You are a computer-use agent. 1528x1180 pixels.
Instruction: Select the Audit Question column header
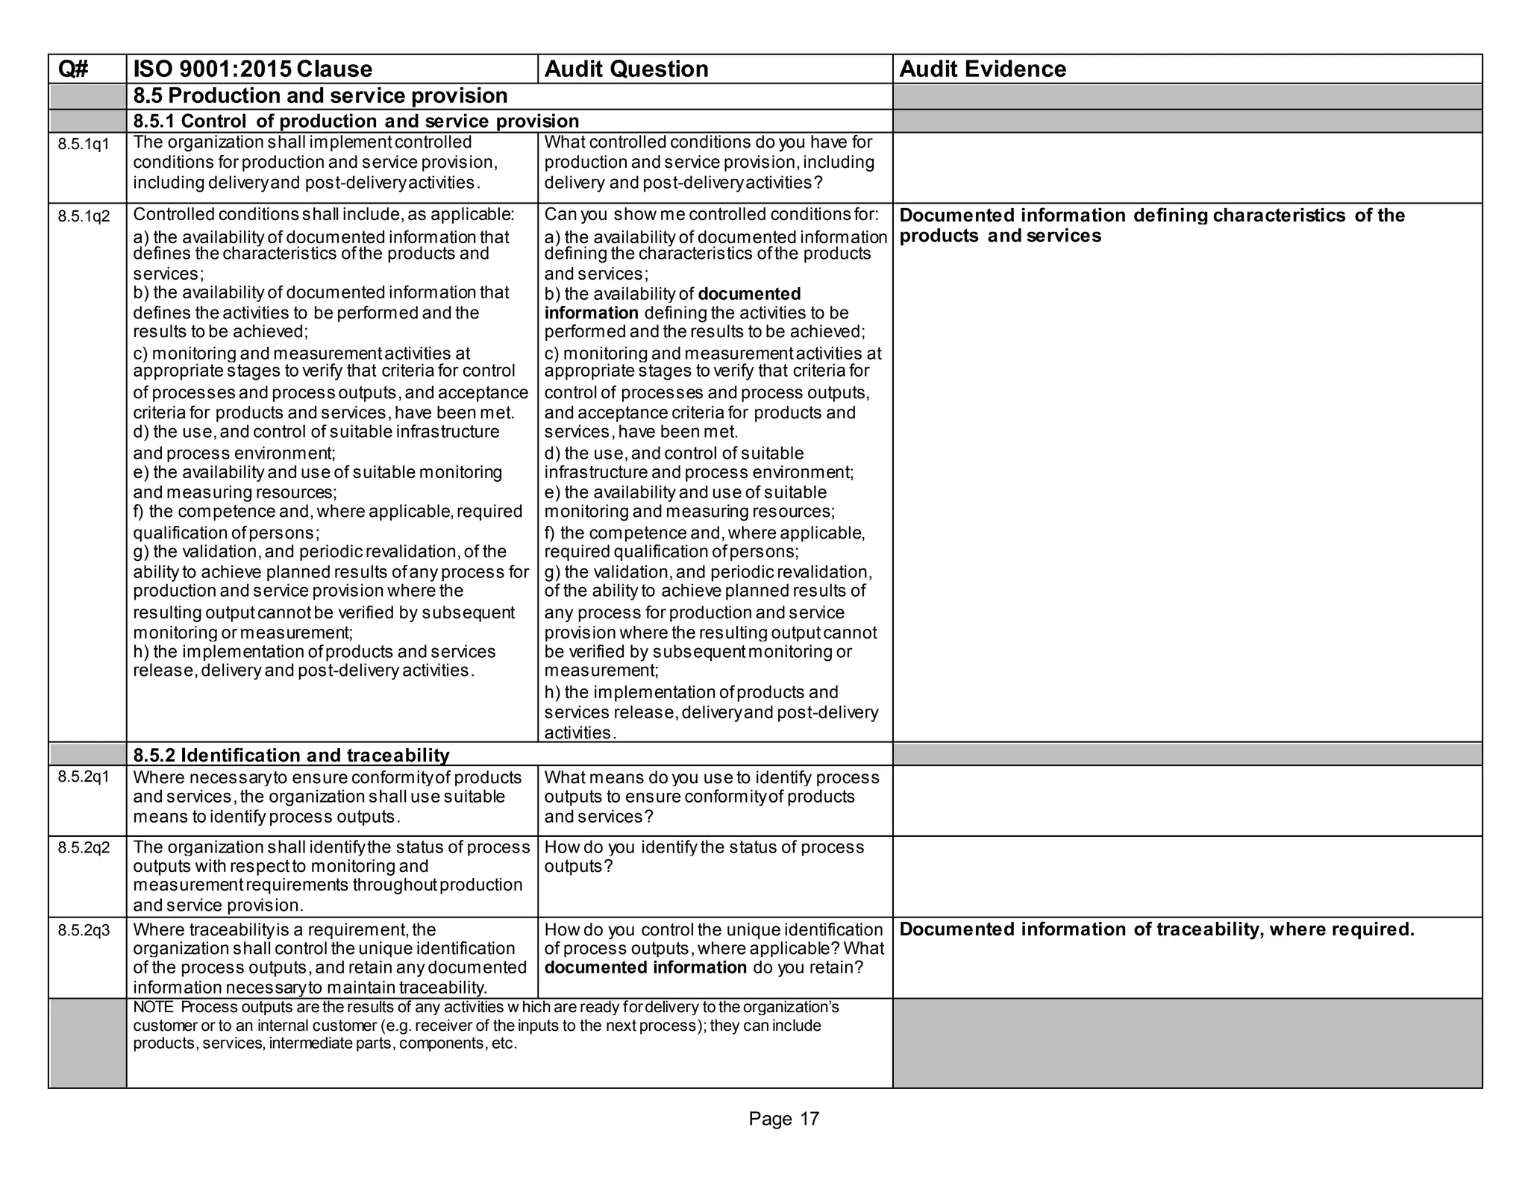[626, 69]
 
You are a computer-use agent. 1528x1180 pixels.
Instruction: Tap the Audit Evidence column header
[982, 69]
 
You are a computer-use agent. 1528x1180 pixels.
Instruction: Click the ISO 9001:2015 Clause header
[252, 69]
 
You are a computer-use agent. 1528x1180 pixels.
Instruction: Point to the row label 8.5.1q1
[84, 145]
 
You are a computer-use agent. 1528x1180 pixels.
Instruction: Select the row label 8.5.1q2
[84, 217]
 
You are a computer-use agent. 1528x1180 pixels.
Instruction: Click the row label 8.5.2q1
[84, 777]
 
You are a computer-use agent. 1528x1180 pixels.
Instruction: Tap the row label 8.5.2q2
[84, 848]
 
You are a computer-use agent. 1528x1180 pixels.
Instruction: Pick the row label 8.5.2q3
[84, 930]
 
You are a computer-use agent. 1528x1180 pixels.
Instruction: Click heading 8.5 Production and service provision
[320, 96]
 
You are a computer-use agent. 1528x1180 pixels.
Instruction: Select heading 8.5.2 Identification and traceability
[291, 756]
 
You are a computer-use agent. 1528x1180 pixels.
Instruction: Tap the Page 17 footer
[783, 1119]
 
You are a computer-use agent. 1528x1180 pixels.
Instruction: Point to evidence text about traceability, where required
[1156, 929]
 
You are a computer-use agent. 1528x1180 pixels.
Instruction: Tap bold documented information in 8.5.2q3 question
[645, 968]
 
